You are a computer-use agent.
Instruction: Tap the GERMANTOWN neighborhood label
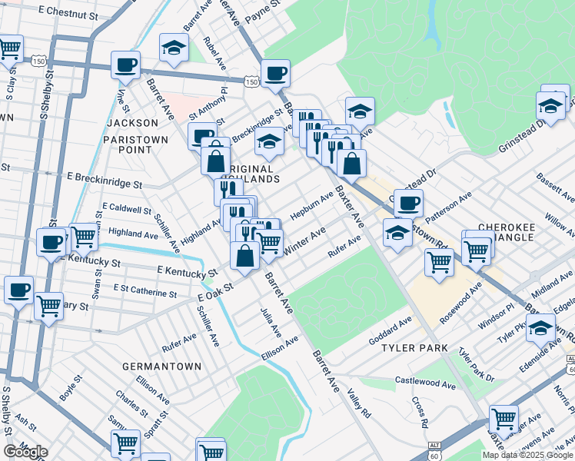coord(162,366)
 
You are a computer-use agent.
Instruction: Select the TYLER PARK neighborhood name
coord(415,348)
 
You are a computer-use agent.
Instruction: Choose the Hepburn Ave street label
coord(311,204)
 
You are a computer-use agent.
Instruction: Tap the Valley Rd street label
coord(359,403)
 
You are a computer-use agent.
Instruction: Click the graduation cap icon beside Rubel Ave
coord(174,47)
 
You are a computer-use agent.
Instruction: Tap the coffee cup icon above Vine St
coord(125,65)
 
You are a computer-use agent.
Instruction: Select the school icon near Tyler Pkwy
coord(541,327)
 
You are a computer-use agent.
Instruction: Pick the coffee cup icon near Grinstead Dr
coord(408,203)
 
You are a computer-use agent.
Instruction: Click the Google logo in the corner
coord(25,452)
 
